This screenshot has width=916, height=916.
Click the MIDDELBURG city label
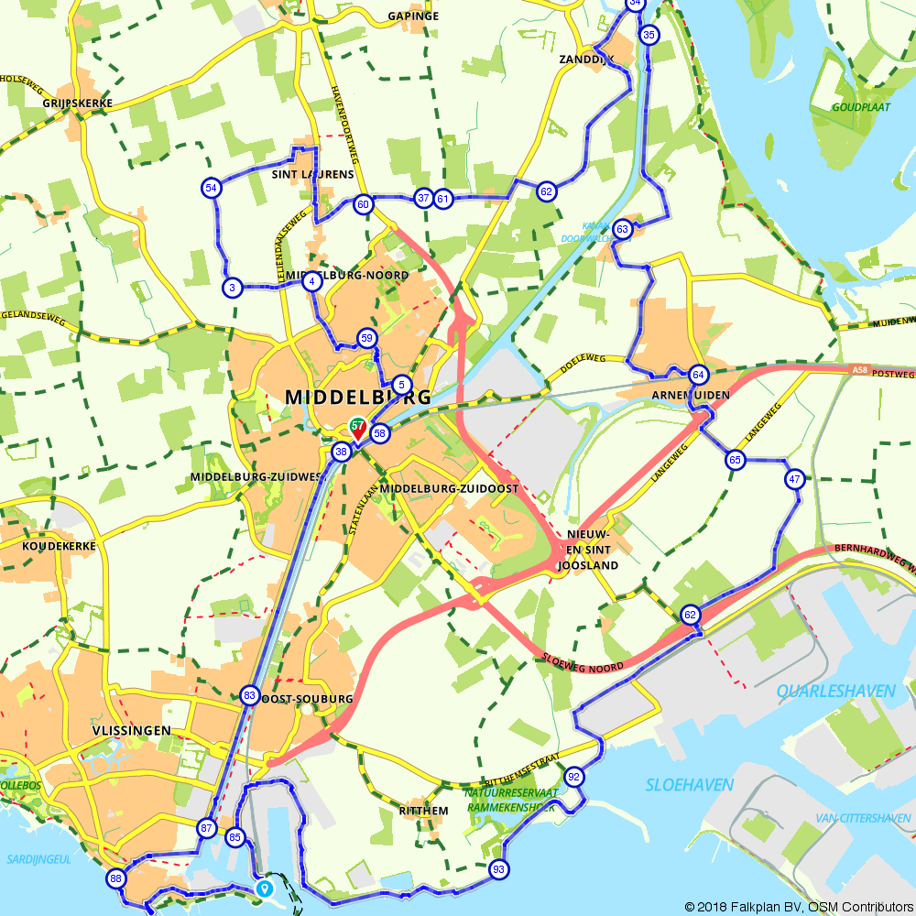click(x=358, y=398)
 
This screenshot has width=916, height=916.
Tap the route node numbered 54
click(x=211, y=188)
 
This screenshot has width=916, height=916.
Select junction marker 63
click(x=623, y=229)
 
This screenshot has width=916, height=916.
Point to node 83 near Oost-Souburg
click(x=249, y=695)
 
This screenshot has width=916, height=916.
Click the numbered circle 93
click(x=498, y=869)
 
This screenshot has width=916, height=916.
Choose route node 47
click(x=794, y=478)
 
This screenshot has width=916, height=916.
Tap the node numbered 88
click(x=115, y=878)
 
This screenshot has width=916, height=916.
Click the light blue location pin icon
click(x=264, y=888)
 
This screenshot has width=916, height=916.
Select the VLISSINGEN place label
click(x=132, y=730)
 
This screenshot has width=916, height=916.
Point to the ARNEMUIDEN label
click(x=691, y=395)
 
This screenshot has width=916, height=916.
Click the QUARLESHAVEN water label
click(x=835, y=691)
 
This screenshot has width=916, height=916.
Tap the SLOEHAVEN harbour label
click(x=690, y=785)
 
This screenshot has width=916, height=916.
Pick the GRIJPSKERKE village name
click(x=77, y=104)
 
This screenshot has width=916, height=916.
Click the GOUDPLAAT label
click(x=860, y=107)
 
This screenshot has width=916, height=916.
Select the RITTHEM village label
click(x=424, y=811)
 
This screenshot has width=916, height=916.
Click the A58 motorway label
click(x=859, y=370)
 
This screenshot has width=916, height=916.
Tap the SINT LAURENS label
click(x=312, y=174)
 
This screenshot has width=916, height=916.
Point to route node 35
click(x=649, y=36)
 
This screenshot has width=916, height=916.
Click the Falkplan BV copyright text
click(x=797, y=906)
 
